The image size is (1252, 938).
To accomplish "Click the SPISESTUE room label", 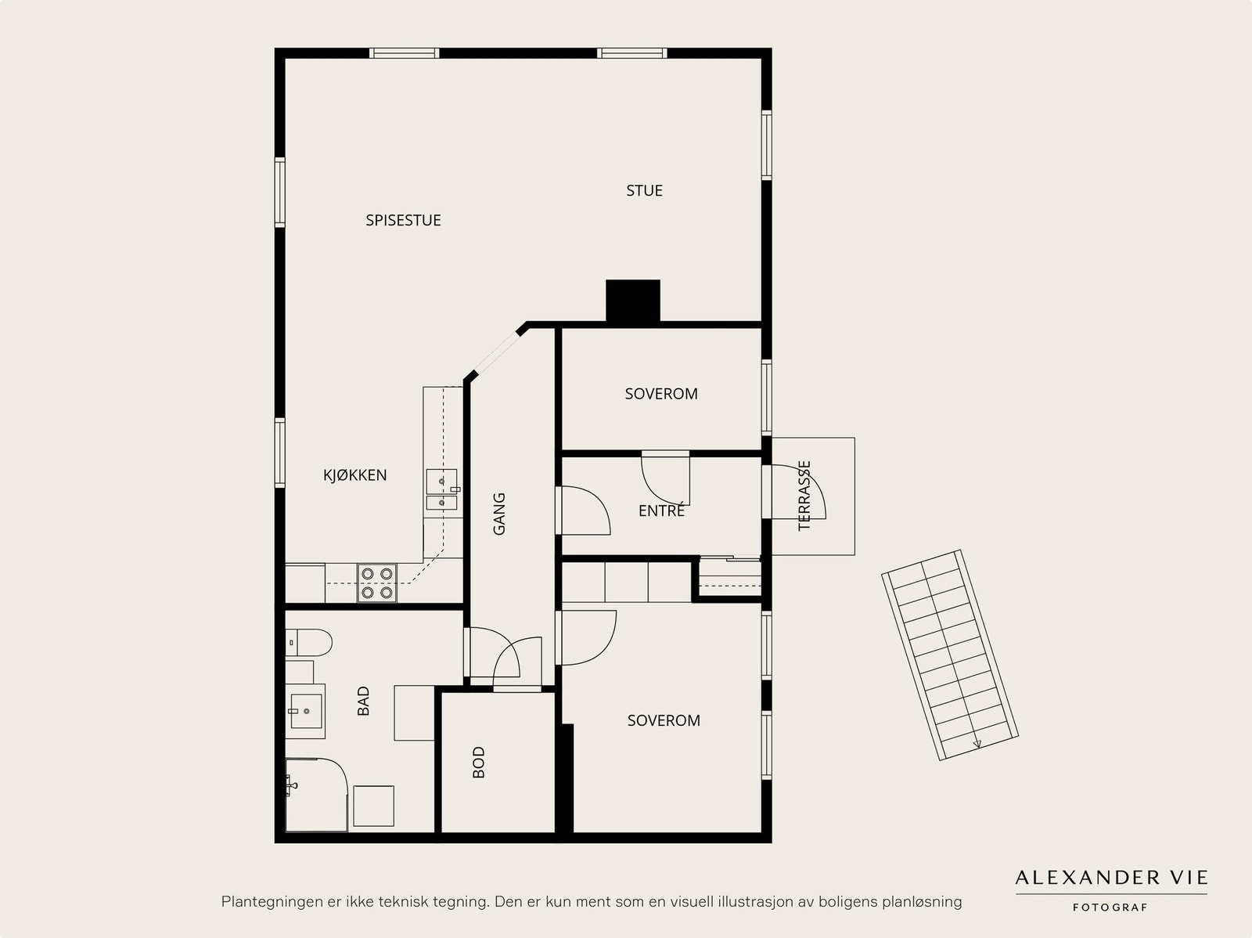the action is (403, 220).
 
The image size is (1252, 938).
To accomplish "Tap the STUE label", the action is (644, 190).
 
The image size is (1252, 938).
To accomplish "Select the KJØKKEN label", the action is (354, 474).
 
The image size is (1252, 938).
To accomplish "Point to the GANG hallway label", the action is (499, 514).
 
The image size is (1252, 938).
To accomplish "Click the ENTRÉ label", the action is (661, 510).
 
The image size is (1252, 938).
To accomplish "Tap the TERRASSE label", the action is (804, 496).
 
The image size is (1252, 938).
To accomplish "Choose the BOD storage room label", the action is (479, 763).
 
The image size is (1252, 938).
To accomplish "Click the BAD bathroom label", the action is (363, 701).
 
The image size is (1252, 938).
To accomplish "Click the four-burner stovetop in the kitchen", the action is (377, 583).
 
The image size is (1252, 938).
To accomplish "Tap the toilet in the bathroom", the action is (308, 643).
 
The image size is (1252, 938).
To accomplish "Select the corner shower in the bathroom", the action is (316, 794).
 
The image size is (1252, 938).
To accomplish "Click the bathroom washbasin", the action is (306, 711).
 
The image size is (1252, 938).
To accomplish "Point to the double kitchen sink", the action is (442, 489).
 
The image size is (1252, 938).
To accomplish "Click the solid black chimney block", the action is (632, 301).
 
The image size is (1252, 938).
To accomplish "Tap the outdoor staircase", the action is (950, 655).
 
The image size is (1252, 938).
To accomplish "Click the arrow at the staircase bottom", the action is (977, 742).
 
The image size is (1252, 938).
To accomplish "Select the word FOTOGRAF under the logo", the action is (1110, 907).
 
